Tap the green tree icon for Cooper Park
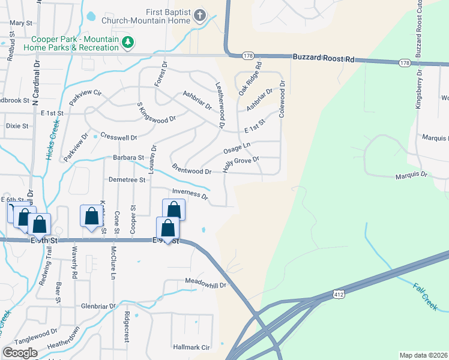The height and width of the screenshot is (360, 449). tap(127, 42)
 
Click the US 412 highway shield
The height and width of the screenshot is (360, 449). tap(338, 293)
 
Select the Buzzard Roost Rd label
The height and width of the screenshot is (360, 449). tap(324, 58)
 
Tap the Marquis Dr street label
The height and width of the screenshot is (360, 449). tap(411, 176)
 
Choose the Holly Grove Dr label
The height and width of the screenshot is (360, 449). tap(240, 164)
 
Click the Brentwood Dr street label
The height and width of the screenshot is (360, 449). tap(191, 169)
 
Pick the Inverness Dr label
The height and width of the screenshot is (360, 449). tap(190, 194)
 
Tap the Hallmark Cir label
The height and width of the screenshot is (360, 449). tap(191, 347)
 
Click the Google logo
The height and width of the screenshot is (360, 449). tap(20, 353)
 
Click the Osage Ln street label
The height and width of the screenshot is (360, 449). tap(237, 148)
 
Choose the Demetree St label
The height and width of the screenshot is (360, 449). tap(127, 179)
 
